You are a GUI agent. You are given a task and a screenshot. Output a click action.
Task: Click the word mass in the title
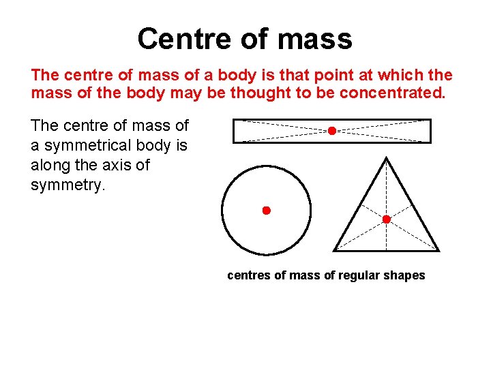[x=315, y=39]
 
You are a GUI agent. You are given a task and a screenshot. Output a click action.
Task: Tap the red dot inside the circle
[x=267, y=211]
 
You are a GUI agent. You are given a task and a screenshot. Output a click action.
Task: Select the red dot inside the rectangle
[x=331, y=131]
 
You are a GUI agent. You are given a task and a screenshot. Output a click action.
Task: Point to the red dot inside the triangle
[x=386, y=219]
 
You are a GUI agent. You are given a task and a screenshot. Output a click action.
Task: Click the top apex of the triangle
[x=387, y=157]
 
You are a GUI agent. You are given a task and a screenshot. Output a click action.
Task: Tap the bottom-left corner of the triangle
[x=334, y=250]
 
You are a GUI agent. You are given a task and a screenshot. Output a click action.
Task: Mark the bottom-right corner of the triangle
[x=438, y=250]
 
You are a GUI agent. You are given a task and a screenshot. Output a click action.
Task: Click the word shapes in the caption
[x=405, y=275]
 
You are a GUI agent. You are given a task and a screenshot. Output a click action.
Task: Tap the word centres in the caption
[x=248, y=275]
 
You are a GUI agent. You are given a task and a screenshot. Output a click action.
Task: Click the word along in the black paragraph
[x=49, y=165]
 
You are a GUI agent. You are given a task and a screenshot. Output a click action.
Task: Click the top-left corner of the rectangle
[x=234, y=120]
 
